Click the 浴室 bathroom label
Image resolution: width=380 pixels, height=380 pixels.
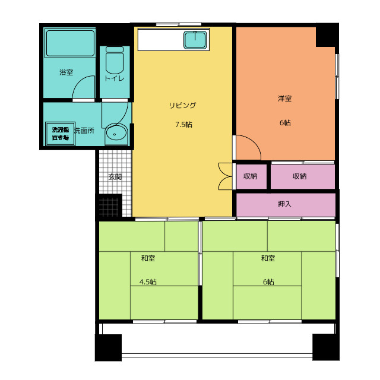tap(66, 72)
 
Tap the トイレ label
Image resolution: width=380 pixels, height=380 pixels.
tap(114, 78)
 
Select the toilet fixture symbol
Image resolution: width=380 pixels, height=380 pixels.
tap(114, 60)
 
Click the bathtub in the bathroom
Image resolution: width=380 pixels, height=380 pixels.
tap(70, 43)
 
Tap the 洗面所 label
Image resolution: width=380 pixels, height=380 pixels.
tap(84, 130)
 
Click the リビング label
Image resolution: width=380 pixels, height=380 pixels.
tap(182, 105)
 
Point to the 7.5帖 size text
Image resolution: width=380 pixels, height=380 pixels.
tap(183, 125)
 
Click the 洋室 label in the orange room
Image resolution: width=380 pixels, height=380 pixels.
tap(284, 98)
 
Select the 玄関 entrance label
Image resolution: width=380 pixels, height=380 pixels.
tap(115, 176)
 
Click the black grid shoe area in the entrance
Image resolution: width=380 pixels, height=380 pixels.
tap(110, 205)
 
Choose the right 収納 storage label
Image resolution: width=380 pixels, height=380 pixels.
tap(299, 176)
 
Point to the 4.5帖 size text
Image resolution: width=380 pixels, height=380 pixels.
tap(148, 281)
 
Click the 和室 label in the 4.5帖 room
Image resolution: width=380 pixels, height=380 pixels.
tap(148, 258)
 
